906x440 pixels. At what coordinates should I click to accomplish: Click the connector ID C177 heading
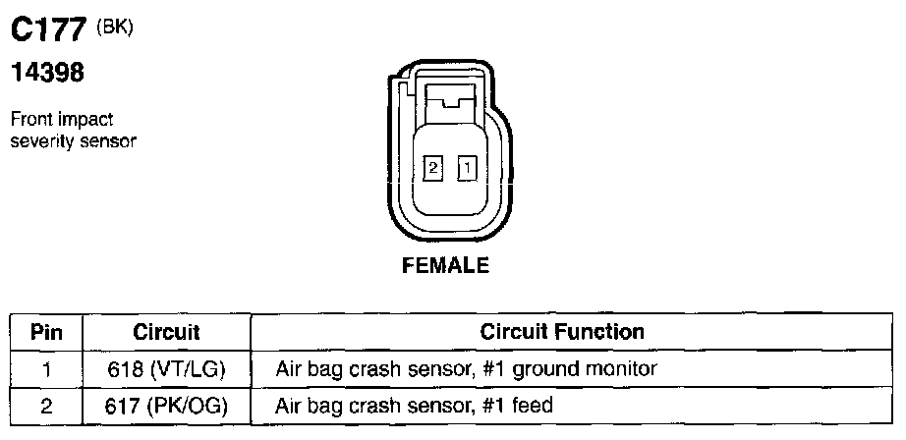pos(49,32)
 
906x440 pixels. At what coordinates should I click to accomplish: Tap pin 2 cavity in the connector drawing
pos(432,168)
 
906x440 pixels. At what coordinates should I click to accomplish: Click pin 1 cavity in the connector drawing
pos(468,169)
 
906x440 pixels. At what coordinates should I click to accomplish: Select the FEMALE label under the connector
pos(445,265)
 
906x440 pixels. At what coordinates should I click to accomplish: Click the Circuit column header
pos(166,332)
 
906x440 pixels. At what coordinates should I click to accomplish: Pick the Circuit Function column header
pos(562,332)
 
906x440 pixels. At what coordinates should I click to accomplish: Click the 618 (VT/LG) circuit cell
pos(166,369)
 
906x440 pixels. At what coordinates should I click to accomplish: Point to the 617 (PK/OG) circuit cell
pos(166,405)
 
